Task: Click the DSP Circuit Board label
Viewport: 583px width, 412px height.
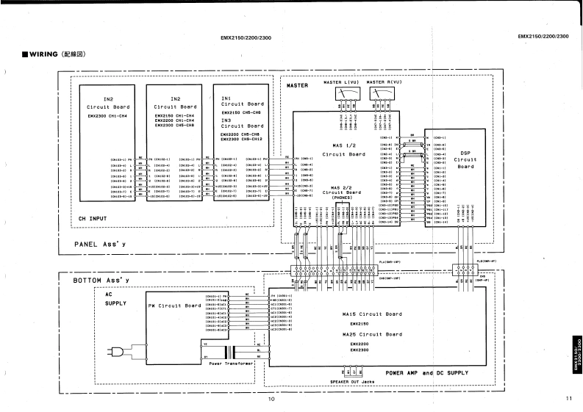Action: click(x=465, y=159)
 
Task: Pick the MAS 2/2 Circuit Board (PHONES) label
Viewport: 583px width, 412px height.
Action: click(x=341, y=192)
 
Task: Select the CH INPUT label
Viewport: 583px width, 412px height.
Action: click(x=93, y=218)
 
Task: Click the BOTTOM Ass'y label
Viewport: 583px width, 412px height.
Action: click(x=101, y=281)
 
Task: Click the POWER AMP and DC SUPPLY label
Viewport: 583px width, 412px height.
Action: click(x=426, y=372)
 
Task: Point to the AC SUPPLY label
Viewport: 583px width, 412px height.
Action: click(x=115, y=297)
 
